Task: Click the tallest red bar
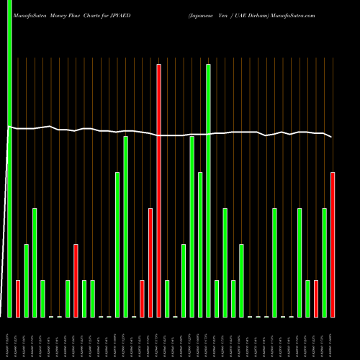(x=158, y=191)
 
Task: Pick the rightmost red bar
(x=333, y=245)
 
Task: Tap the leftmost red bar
(x=18, y=299)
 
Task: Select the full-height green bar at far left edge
(x=9, y=158)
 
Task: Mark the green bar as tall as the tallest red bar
(x=208, y=191)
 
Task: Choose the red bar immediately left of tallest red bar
(x=150, y=263)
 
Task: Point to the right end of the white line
(x=332, y=137)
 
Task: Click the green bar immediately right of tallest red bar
(x=167, y=299)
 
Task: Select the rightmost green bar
(x=324, y=263)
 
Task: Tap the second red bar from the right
(x=316, y=299)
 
